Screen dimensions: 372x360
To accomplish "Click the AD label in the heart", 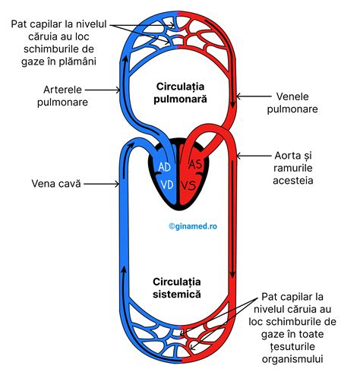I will [x=163, y=166].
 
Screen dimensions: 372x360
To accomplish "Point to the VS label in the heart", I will [x=192, y=186].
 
